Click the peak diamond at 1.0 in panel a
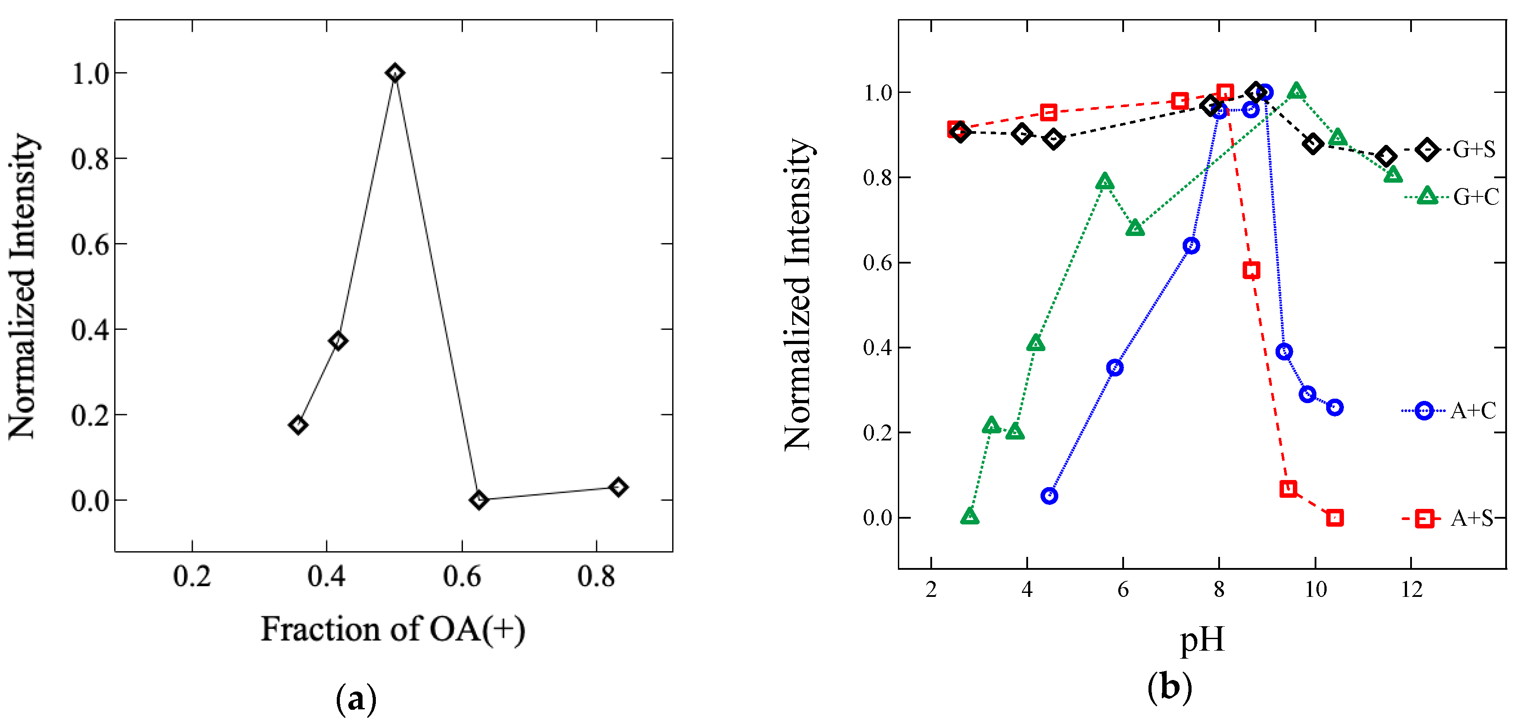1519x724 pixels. click(x=395, y=73)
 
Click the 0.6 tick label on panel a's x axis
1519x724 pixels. click(x=462, y=576)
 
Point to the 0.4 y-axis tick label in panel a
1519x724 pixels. click(x=90, y=329)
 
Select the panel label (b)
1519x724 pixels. click(x=1169, y=687)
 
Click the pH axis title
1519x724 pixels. click(x=1202, y=640)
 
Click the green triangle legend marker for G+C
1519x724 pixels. click(x=1427, y=196)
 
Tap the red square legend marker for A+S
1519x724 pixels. click(x=1425, y=519)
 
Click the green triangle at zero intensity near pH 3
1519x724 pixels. click(x=969, y=516)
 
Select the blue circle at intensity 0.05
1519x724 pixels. click(x=1049, y=496)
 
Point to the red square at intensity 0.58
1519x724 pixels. click(x=1251, y=270)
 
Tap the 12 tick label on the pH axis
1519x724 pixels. click(x=1411, y=589)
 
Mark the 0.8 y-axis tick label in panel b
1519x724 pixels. click(x=877, y=178)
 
